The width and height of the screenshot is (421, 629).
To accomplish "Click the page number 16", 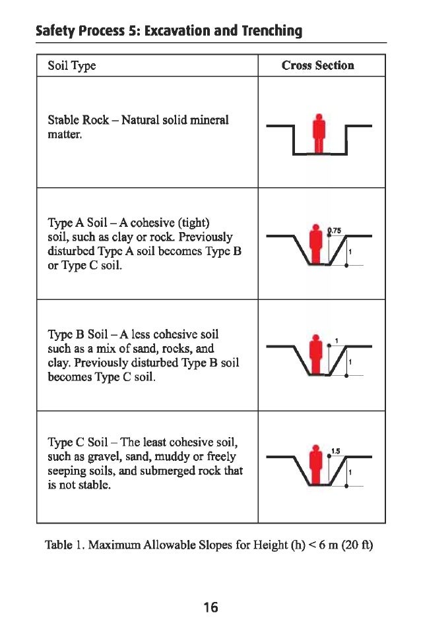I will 210,607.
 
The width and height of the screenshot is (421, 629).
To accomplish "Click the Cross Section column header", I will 317,65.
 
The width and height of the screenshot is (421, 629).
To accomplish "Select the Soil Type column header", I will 72,66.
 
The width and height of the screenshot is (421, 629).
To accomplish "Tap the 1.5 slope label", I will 335,451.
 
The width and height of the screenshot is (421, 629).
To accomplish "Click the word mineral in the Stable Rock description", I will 210,121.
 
